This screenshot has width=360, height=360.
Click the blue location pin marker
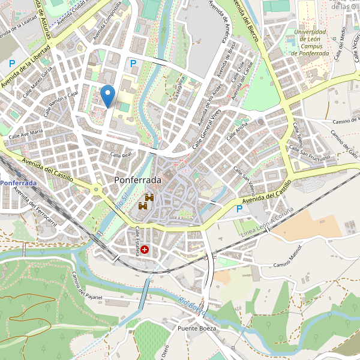107,96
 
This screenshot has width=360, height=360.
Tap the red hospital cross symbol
145,249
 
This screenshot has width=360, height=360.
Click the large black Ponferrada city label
137,180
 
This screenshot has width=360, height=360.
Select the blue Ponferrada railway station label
18,182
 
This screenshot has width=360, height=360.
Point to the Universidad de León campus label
310,42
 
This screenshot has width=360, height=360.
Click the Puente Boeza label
196,329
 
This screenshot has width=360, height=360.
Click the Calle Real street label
121,155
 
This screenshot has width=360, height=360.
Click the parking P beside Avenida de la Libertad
11,63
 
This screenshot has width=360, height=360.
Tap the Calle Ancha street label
237,132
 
